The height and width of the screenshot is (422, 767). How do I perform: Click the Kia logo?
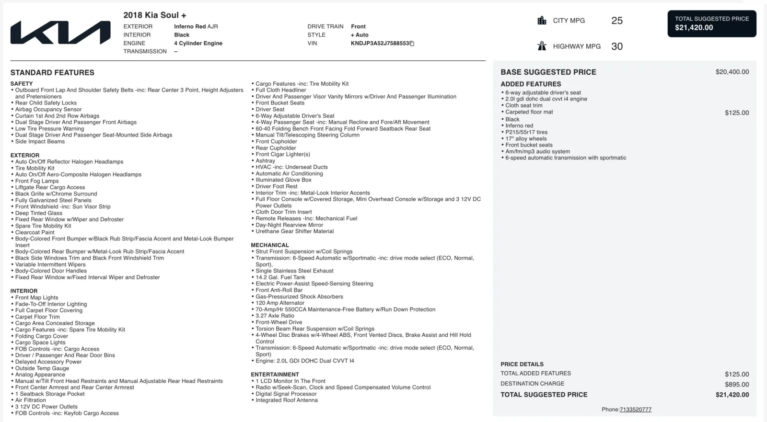coord(60,33)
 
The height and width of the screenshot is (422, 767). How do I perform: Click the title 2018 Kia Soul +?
coord(155,15)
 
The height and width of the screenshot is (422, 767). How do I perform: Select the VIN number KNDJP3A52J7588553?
coord(380,43)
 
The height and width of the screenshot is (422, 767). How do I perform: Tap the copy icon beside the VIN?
coord(412,44)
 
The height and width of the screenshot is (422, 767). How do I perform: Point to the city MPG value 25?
coord(617,21)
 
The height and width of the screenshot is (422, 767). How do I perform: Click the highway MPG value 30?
coord(617,46)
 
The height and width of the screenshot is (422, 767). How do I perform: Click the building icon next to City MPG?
coord(542,21)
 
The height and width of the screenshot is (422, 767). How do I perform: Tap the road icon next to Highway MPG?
coord(542,46)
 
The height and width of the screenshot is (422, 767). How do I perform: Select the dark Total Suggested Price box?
coord(712,23)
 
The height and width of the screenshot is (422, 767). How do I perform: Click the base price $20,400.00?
coord(732,72)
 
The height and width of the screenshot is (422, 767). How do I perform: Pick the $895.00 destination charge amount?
coord(737,384)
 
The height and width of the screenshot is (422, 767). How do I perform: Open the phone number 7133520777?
coord(635,410)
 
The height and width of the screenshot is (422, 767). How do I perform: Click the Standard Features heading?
coord(52,73)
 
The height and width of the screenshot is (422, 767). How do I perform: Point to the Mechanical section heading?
coord(270,245)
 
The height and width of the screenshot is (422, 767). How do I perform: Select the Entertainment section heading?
coord(275,375)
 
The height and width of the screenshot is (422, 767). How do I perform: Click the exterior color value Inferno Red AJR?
coord(196,26)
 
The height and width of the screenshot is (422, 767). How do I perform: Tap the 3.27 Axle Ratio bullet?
coord(275,316)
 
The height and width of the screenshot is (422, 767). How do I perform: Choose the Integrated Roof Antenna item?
coord(286,400)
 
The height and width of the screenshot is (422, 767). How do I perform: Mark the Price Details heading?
coord(522,364)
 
